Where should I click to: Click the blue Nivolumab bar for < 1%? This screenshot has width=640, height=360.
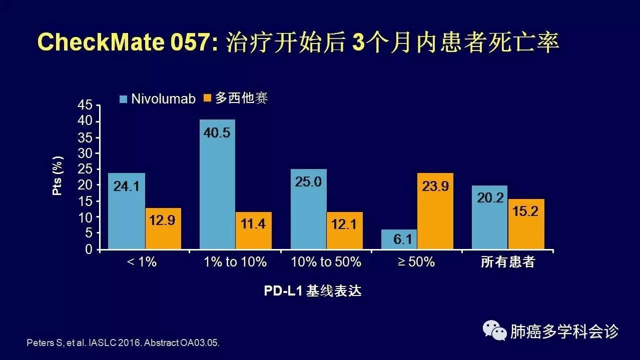tap(126, 211)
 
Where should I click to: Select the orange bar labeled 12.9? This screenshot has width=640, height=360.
tap(163, 228)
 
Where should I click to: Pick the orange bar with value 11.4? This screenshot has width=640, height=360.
tap(254, 230)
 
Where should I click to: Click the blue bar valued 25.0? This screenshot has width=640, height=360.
tap(308, 209)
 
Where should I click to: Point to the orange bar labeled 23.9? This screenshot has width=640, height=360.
tap(435, 211)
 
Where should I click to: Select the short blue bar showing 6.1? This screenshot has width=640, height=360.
tap(399, 239)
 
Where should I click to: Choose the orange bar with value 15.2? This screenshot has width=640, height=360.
tap(526, 224)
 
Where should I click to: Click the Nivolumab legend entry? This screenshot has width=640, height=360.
tap(157, 98)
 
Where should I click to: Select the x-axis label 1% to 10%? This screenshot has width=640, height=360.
tap(235, 261)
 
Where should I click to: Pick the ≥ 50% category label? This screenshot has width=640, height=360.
tap(416, 261)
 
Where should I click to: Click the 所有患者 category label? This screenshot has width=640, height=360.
tap(508, 262)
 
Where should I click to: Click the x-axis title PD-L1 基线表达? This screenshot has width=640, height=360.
tap(313, 291)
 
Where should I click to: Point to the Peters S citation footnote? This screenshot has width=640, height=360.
tap(123, 344)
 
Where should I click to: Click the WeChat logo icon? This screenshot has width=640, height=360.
tap(494, 330)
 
